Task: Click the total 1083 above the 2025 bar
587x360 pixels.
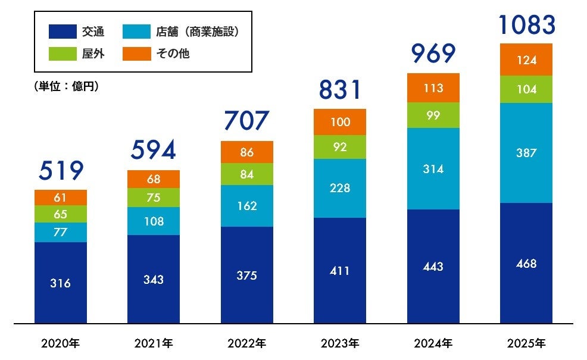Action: pos(526,25)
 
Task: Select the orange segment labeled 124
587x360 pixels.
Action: pos(526,60)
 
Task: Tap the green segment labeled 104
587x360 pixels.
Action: pos(526,89)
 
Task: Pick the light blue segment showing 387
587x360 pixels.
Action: pos(526,153)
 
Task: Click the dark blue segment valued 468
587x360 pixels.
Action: pos(526,264)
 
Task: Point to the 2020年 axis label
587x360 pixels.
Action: pos(61,343)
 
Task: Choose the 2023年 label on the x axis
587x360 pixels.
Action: pos(340,343)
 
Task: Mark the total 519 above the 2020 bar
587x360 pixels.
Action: pos(61,171)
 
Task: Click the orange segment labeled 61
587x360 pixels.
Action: pos(61,198)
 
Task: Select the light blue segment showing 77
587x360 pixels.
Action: pos(61,232)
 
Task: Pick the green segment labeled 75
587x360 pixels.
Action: pos(154,198)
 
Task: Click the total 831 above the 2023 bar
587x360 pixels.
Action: pos(340,89)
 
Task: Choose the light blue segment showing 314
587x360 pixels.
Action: pos(433,169)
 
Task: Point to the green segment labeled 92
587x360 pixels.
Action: pos(340,147)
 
